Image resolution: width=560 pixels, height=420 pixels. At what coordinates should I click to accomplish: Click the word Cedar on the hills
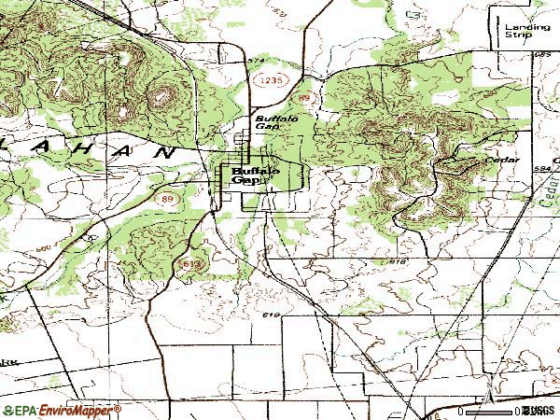point(500,160)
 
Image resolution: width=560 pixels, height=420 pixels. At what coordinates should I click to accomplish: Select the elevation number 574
point(257,62)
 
